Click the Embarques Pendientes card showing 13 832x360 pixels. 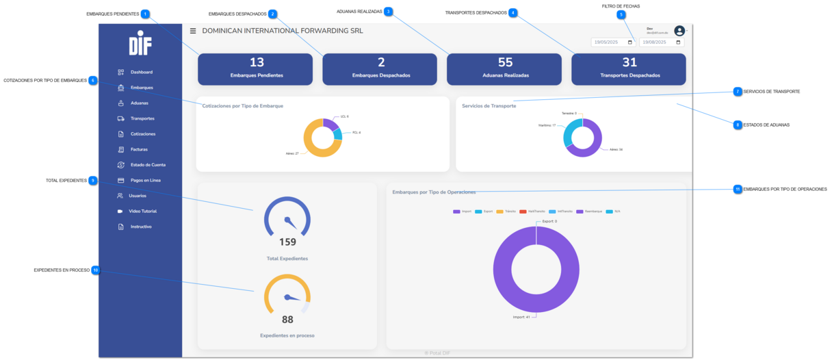256,68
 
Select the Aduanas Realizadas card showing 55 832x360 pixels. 504,68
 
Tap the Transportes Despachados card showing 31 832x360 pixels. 629,68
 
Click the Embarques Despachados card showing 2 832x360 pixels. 380,68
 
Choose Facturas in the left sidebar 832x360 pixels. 139,149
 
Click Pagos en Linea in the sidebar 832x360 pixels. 145,181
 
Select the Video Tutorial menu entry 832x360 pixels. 142,211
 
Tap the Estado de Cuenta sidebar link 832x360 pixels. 147,165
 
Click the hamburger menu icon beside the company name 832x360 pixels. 193,31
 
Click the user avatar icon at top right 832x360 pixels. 679,31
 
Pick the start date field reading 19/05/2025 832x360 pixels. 613,42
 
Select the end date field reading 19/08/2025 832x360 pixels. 661,42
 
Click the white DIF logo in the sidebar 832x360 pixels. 140,43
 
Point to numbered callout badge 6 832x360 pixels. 93,80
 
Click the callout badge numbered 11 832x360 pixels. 738,189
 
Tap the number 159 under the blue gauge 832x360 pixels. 287,242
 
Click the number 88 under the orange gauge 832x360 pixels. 287,319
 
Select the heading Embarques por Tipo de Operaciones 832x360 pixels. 434,192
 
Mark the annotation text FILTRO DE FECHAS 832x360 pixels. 621,6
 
